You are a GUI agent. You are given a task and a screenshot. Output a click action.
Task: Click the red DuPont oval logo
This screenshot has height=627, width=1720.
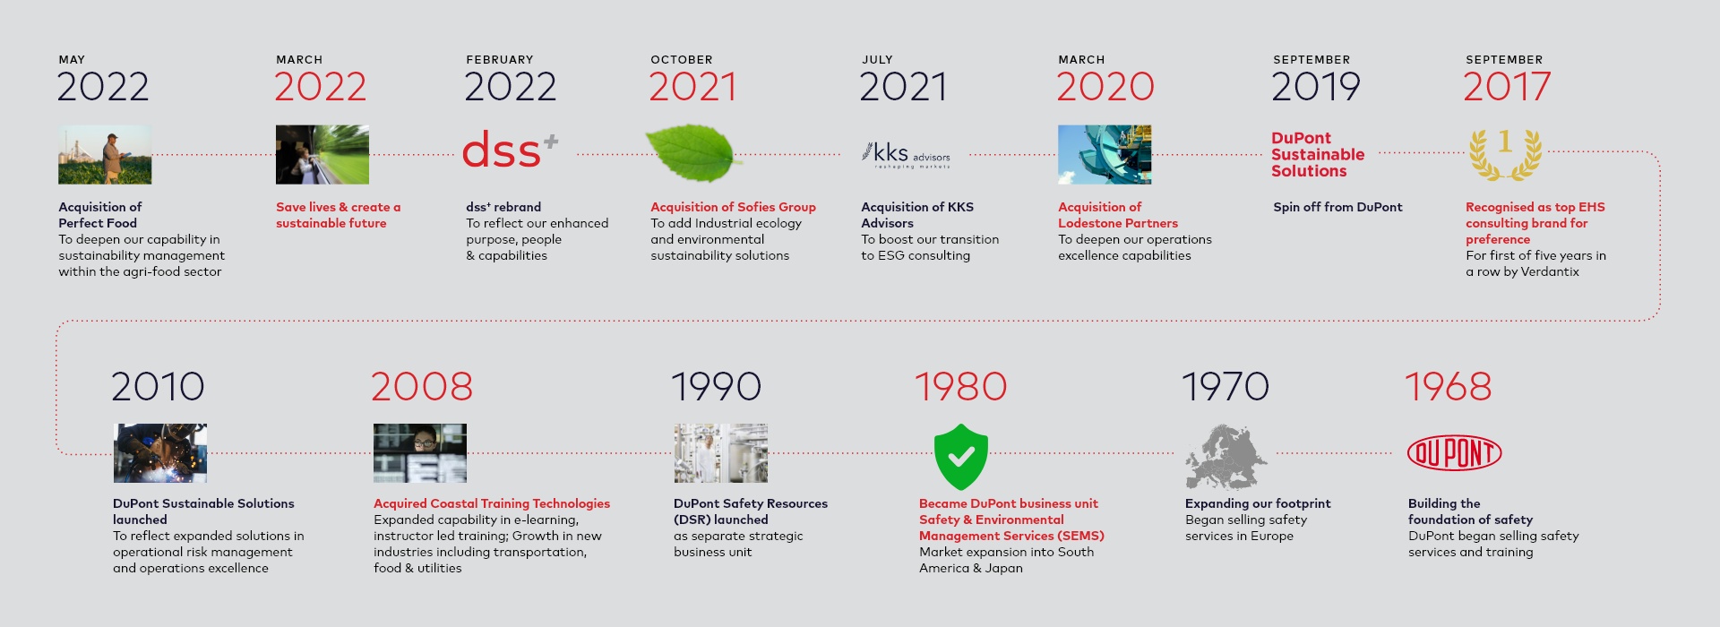tap(1455, 453)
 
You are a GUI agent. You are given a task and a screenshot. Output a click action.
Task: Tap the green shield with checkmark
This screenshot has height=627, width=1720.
tap(961, 457)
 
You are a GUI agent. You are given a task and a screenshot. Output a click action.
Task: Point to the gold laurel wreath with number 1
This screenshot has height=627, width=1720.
tap(1505, 154)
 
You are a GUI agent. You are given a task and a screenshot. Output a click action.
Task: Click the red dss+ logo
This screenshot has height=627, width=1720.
tap(510, 150)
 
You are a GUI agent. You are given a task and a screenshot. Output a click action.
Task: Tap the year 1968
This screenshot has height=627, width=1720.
tap(1448, 387)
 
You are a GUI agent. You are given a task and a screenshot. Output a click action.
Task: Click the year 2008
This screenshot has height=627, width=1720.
tap(422, 387)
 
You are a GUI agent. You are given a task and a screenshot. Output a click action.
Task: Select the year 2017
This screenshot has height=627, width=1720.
tap(1507, 87)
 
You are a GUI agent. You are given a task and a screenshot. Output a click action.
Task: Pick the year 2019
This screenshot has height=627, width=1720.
tap(1316, 87)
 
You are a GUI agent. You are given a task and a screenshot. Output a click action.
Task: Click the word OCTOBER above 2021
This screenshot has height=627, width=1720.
tap(682, 60)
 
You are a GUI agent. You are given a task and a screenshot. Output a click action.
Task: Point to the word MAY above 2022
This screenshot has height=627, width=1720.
tap(72, 60)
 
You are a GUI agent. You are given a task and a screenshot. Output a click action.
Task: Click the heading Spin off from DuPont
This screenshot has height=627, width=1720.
tap(1337, 207)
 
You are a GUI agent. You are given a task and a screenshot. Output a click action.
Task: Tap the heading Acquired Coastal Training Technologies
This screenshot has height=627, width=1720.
tap(492, 503)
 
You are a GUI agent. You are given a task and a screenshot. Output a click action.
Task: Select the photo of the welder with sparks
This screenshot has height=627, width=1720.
tap(160, 453)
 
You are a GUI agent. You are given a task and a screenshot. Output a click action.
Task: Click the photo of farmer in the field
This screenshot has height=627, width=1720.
tap(105, 154)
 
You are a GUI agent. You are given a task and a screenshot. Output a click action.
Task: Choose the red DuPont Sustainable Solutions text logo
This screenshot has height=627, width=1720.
tap(1318, 154)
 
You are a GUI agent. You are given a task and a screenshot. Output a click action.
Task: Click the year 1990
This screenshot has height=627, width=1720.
tap(716, 387)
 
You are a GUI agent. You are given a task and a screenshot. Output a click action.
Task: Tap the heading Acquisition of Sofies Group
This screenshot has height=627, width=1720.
tap(733, 207)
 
